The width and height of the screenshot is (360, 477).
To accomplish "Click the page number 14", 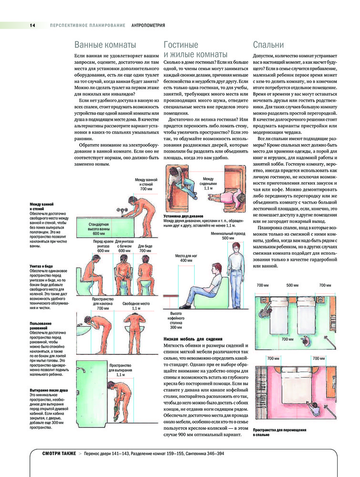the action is tap(32, 26).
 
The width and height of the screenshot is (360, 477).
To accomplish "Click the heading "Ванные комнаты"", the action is tap(105, 45).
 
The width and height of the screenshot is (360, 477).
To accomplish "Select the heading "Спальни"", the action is tap(268, 45).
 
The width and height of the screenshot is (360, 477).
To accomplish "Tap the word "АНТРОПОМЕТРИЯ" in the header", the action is tap(148, 26).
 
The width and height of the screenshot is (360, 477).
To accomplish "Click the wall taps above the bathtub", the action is tap(122, 210).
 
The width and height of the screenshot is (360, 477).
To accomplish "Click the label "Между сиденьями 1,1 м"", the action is tap(208, 184).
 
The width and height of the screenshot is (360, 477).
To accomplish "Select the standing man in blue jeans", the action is tap(236, 275).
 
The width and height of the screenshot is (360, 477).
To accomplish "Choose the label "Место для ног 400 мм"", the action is tap(186, 258).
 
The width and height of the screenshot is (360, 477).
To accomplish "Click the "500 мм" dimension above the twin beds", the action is tap(292, 285).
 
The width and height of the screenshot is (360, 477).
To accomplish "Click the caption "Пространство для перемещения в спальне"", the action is tap(279, 432).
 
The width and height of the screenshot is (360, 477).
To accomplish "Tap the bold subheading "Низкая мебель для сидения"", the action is tap(193, 339).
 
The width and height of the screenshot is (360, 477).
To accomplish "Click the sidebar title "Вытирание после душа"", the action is tap(49, 390).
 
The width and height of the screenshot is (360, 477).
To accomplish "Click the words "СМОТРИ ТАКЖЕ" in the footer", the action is tap(59, 454).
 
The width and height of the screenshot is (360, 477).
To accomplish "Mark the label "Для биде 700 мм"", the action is tap(145, 248).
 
